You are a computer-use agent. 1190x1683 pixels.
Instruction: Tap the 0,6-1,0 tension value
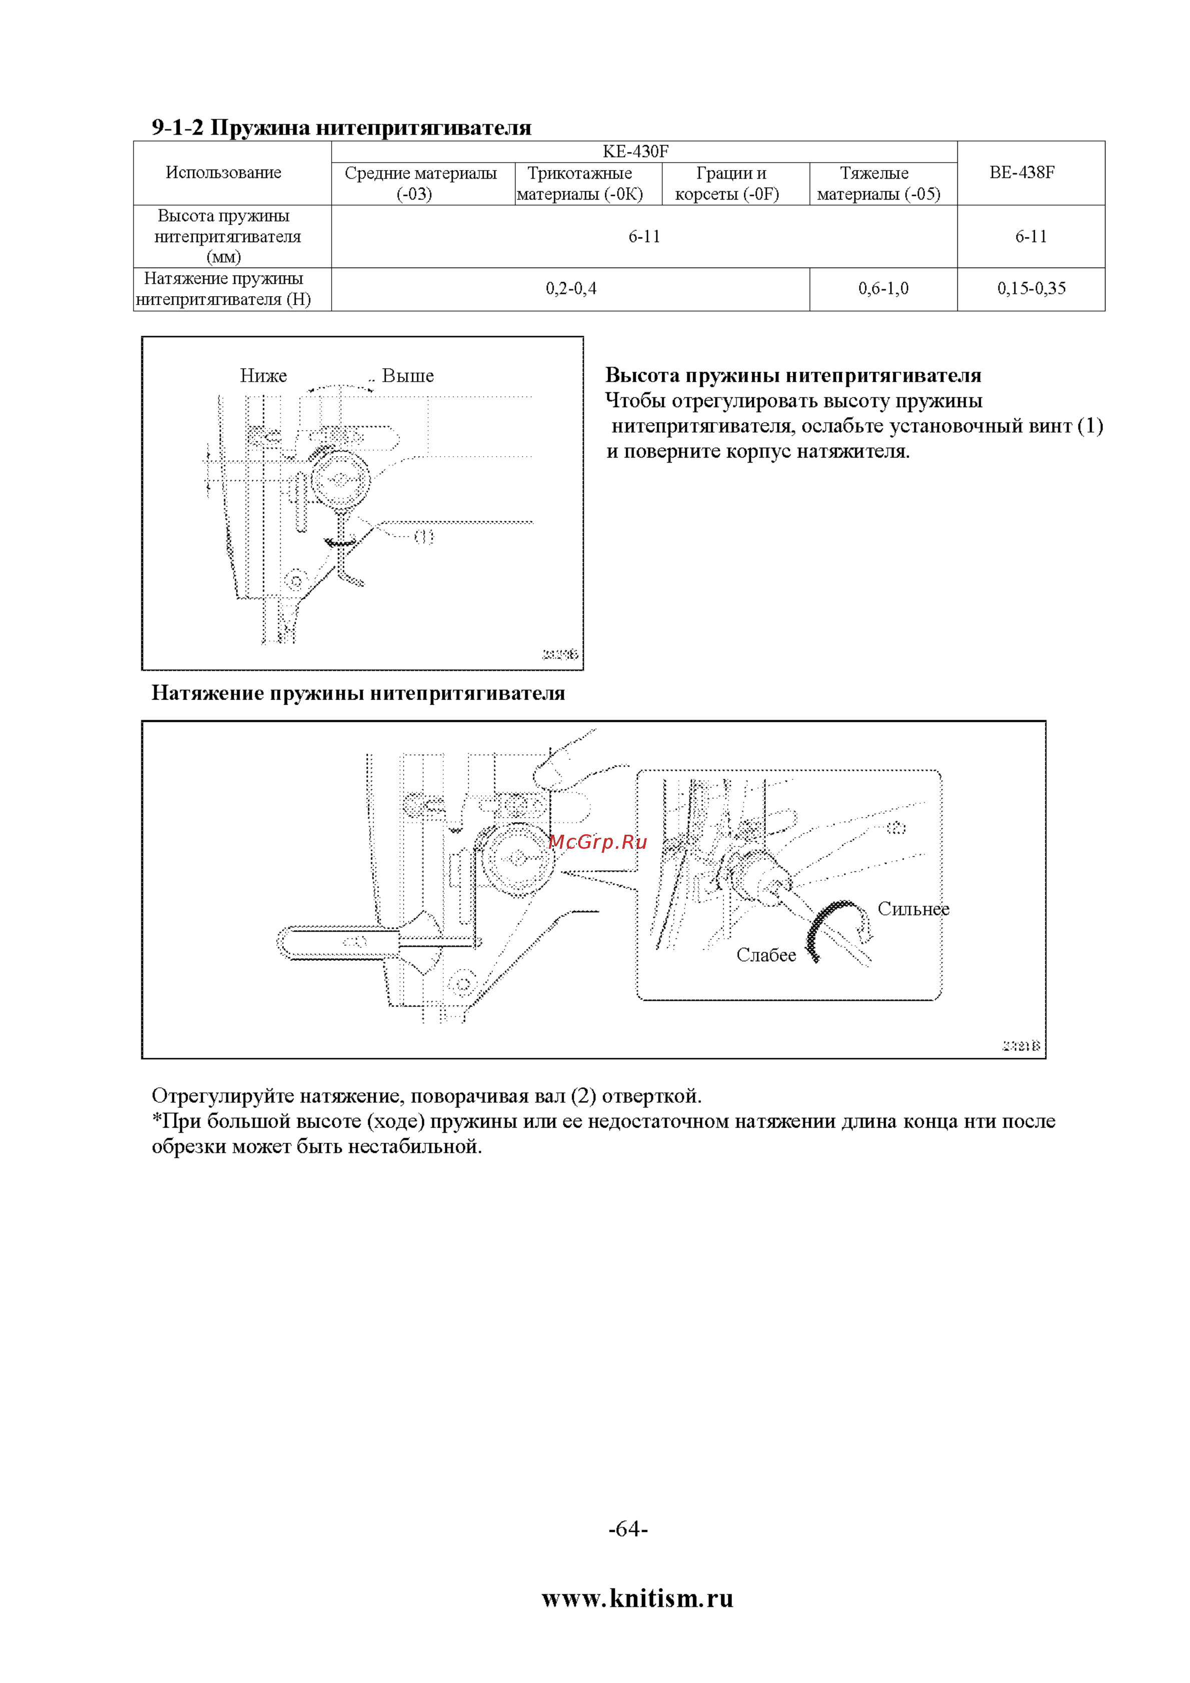(x=883, y=289)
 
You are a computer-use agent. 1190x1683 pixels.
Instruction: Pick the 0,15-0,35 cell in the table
(x=1031, y=289)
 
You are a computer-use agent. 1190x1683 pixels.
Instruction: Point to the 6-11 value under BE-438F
(x=1031, y=237)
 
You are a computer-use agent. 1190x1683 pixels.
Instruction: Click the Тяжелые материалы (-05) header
(x=878, y=183)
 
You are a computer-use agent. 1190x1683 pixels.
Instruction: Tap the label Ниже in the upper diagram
(x=263, y=376)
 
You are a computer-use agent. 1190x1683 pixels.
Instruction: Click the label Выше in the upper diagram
(x=408, y=376)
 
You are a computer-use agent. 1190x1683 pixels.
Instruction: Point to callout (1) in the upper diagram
(x=424, y=537)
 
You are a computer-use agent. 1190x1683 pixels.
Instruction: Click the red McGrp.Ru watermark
(x=598, y=841)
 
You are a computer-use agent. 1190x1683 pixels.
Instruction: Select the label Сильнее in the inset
(x=913, y=909)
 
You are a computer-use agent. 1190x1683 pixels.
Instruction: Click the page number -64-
(x=628, y=1528)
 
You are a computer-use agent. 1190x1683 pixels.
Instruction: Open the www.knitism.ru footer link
(x=637, y=1598)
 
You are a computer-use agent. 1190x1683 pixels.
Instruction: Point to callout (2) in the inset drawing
(x=896, y=828)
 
